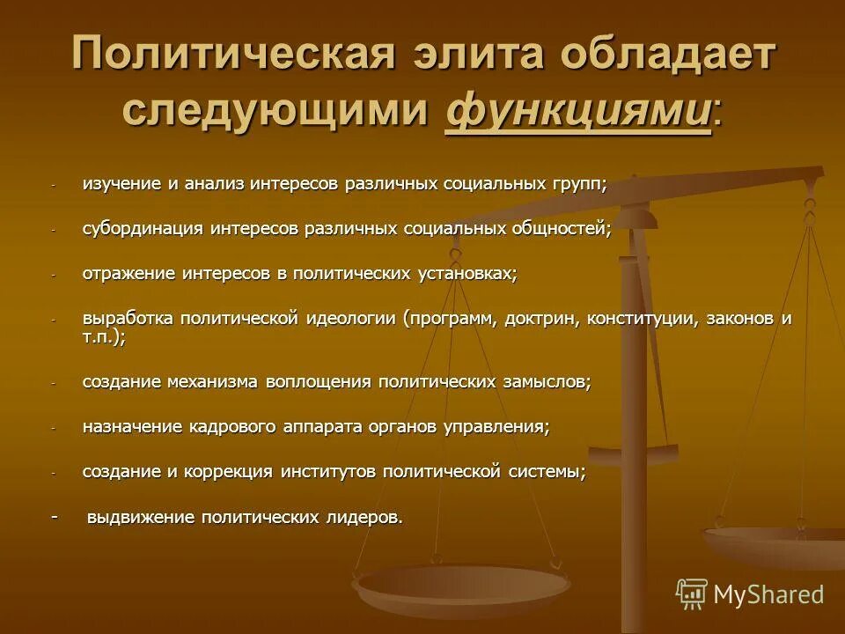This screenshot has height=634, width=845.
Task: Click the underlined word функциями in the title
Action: tap(578, 111)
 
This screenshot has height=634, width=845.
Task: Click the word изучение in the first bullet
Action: tap(120, 184)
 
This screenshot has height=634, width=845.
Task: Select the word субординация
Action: tap(143, 229)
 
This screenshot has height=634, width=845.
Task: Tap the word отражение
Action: tap(129, 274)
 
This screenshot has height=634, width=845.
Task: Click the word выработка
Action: tap(128, 318)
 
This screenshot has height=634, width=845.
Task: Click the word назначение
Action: tap(132, 427)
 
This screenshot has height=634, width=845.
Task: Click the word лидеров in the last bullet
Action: tap(363, 518)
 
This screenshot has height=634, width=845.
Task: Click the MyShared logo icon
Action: tap(692, 594)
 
